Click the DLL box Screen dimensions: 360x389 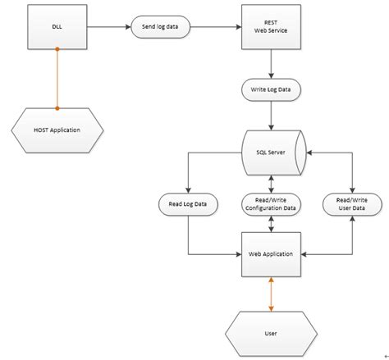click(x=57, y=27)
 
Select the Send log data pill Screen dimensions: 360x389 click(x=161, y=27)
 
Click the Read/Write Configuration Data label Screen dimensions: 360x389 click(x=269, y=203)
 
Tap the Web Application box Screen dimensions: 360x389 click(x=269, y=253)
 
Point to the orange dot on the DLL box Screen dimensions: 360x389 click(x=57, y=50)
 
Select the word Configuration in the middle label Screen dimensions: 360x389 click(x=262, y=208)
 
